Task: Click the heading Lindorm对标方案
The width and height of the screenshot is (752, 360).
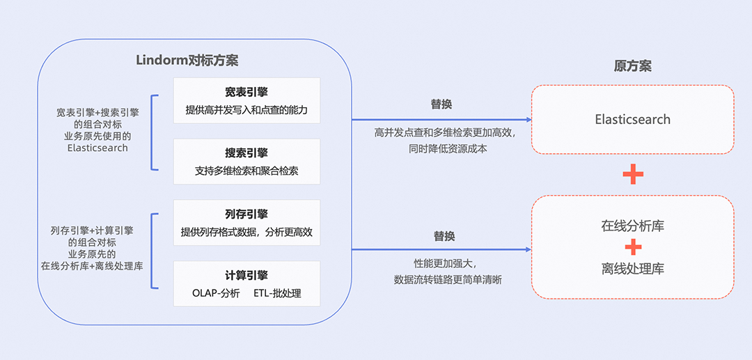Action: (187, 60)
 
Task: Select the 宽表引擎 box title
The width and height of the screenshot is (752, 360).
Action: (246, 92)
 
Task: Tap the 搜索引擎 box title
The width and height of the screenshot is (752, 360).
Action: (246, 152)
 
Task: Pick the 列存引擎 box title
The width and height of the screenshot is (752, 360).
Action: (246, 214)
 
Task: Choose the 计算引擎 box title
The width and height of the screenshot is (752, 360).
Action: (246, 275)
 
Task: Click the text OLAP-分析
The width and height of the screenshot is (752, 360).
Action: (216, 293)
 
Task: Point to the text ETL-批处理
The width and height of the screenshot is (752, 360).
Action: (277, 293)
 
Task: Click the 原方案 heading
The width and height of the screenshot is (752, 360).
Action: (632, 66)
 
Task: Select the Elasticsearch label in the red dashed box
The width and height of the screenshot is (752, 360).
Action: (632, 119)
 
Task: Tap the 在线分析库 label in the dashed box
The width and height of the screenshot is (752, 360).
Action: (632, 226)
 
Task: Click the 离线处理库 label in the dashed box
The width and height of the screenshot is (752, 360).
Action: (632, 269)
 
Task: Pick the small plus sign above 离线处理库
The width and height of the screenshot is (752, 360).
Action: (632, 247)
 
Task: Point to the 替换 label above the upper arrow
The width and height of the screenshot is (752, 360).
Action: (441, 104)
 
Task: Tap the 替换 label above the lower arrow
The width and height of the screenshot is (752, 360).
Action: (444, 236)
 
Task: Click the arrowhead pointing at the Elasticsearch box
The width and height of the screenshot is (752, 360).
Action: (528, 120)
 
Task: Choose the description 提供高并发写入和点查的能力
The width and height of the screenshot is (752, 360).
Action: (246, 110)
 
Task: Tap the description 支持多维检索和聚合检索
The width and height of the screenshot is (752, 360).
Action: (246, 171)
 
